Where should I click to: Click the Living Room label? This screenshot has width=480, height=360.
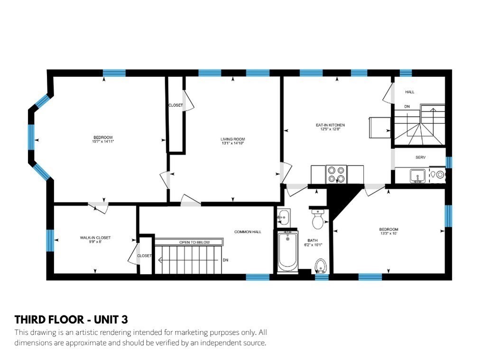[233, 139]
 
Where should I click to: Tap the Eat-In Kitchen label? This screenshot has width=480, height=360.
[330, 125]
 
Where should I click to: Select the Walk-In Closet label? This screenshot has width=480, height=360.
[95, 238]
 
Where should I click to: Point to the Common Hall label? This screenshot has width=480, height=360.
[248, 232]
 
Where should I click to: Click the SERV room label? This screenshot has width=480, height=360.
[420, 157]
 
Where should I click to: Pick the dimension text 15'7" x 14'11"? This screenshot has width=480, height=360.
[103, 142]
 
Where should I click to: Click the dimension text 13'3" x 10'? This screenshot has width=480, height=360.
[388, 233]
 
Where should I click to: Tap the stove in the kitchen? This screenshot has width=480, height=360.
[336, 174]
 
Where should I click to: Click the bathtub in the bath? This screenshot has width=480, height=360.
[287, 251]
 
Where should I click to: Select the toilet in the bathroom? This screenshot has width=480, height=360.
[318, 219]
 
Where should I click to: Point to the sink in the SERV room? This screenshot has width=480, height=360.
[417, 176]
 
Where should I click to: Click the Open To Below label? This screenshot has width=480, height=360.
[194, 242]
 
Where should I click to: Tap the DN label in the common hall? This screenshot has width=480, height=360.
[225, 260]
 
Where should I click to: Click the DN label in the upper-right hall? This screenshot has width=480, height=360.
[407, 107]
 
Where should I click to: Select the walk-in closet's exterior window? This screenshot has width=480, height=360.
[50, 240]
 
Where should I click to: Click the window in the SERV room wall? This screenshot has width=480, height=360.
[449, 162]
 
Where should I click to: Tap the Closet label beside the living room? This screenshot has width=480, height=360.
[175, 105]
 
